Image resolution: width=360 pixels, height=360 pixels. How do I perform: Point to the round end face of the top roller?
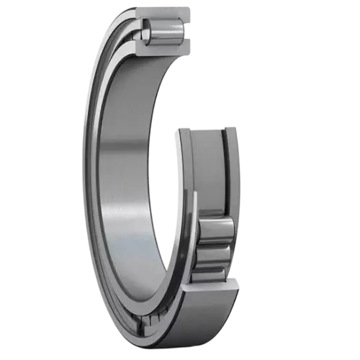(x=147, y=30)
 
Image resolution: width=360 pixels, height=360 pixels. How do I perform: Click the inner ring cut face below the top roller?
(x=162, y=48)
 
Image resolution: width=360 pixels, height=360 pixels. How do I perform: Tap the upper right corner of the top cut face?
(x=193, y=8)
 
